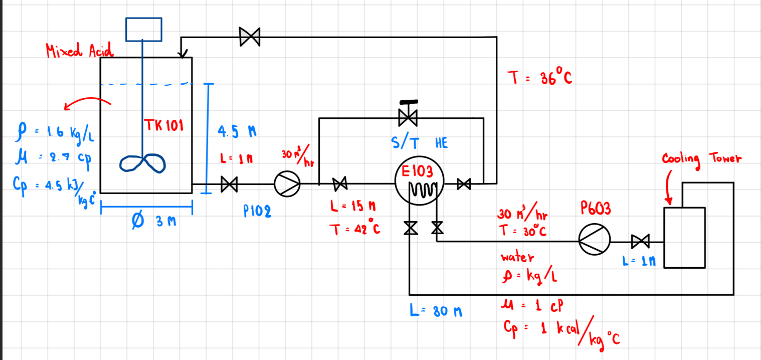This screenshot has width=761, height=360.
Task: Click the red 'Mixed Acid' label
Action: (x=79, y=50)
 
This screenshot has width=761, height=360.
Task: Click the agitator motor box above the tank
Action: (x=143, y=29)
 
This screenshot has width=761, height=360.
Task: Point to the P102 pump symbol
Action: (x=287, y=184)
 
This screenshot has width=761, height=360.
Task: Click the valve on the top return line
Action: (x=250, y=37)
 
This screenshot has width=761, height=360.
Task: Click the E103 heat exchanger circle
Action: (x=419, y=183)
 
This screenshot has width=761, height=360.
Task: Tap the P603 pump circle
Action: (x=595, y=241)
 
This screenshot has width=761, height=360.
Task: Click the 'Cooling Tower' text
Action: (x=701, y=159)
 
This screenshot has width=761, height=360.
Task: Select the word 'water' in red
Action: (x=517, y=257)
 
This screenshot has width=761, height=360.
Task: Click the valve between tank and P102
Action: (x=229, y=185)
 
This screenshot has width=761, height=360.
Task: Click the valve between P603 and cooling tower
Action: (x=640, y=241)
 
